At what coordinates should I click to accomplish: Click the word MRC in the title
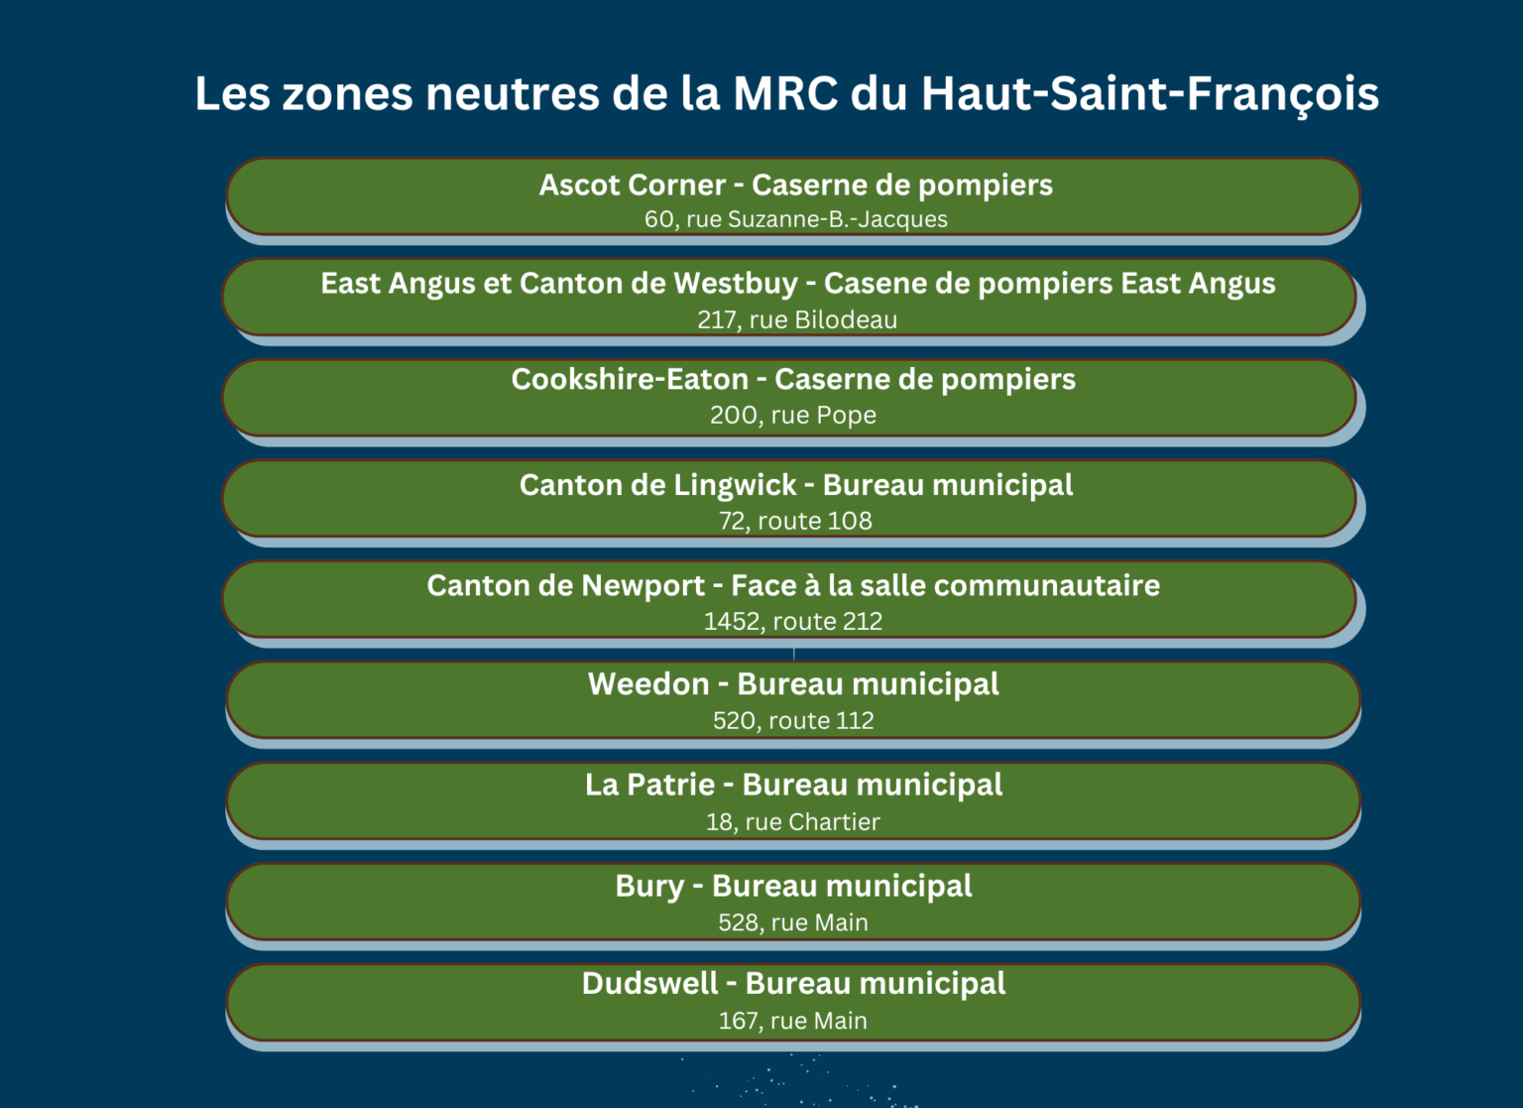click(x=785, y=93)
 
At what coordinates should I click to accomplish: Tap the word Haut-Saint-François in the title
click(x=1150, y=94)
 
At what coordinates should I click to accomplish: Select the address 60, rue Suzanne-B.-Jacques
click(x=795, y=219)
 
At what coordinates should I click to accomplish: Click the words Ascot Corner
click(x=633, y=185)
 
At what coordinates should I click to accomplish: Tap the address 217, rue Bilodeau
click(x=797, y=319)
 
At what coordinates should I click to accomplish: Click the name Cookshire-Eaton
click(x=630, y=380)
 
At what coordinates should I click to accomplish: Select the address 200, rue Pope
click(x=793, y=415)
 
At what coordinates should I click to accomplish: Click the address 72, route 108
click(x=795, y=521)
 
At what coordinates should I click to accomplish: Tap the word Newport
click(x=644, y=586)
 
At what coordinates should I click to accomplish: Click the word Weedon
click(x=648, y=684)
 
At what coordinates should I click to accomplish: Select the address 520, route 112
click(x=793, y=720)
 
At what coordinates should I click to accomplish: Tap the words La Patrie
click(x=649, y=785)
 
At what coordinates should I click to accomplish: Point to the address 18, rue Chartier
click(x=793, y=821)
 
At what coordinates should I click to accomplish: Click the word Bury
click(x=649, y=887)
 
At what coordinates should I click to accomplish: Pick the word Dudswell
click(x=650, y=984)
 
